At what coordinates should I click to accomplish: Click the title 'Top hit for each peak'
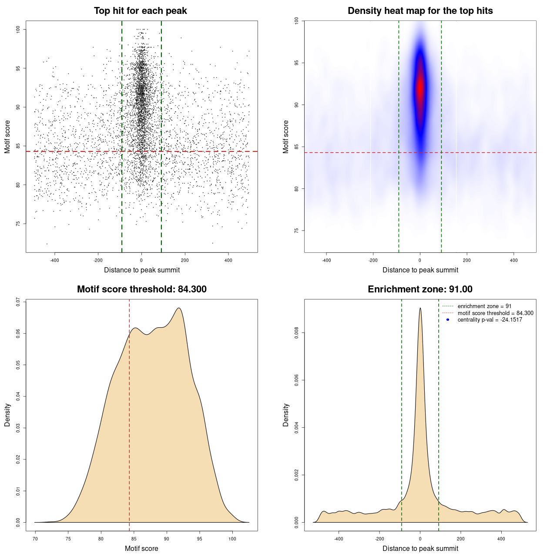(140, 11)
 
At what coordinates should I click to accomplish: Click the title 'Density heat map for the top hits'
(420, 11)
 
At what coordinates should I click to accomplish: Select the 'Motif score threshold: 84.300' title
(141, 289)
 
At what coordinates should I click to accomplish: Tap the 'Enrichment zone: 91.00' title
(420, 289)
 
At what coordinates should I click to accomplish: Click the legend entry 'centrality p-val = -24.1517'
(490, 320)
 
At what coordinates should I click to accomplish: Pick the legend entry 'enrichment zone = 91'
(484, 306)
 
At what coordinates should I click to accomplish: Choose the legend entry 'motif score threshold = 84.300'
(495, 313)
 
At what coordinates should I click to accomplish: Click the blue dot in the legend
(448, 320)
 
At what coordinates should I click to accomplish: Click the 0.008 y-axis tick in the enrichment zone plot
(296, 333)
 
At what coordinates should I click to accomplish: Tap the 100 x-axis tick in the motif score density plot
(232, 539)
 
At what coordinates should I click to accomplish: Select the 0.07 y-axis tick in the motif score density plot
(18, 302)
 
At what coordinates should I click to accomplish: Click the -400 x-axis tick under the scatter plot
(54, 260)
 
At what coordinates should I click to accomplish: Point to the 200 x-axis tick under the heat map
(467, 260)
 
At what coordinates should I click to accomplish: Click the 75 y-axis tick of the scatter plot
(18, 224)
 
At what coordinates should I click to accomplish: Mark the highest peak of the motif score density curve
(179, 308)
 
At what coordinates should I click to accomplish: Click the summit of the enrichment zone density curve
(420, 308)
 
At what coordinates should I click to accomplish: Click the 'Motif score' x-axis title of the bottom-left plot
(141, 548)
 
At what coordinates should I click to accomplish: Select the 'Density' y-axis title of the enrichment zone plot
(286, 415)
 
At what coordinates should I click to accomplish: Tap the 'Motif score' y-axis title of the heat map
(286, 137)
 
